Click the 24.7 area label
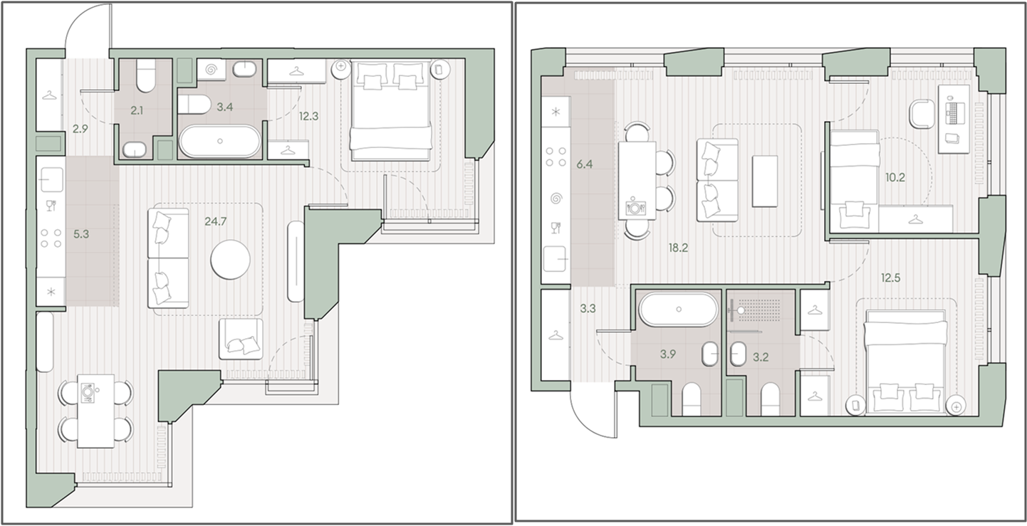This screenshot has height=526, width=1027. (216, 222)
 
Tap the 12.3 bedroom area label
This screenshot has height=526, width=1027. (308, 117)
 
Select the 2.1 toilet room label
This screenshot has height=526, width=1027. (137, 110)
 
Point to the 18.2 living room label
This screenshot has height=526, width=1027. (678, 248)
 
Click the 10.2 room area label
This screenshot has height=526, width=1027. (895, 177)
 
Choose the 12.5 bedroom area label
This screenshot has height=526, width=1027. (890, 278)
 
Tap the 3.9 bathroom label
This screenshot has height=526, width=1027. (667, 354)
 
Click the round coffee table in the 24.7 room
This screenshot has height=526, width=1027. (230, 259)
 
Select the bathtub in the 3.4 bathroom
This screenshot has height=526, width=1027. (220, 141)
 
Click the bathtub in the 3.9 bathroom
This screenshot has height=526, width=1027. (679, 310)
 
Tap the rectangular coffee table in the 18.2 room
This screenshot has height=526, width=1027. (765, 181)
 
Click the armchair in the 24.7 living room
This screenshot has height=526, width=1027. (241, 339)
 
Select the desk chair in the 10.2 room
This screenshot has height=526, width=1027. (922, 114)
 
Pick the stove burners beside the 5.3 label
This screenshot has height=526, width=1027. (51, 238)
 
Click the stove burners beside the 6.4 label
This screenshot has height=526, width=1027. (556, 157)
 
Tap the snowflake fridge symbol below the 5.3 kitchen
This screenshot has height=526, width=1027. (51, 291)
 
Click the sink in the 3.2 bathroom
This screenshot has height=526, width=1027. (738, 354)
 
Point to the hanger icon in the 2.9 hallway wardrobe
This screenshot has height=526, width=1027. (48, 95)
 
